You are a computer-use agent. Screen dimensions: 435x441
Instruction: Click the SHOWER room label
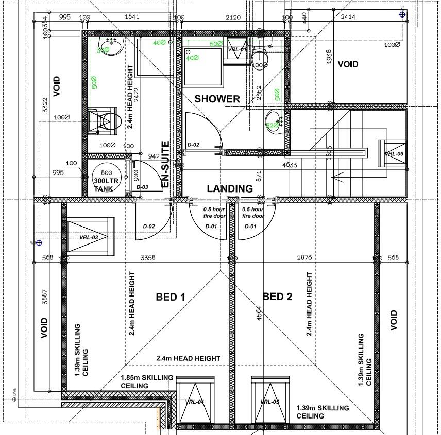(x=217, y=99)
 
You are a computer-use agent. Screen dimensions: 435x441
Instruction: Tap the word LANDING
(x=230, y=188)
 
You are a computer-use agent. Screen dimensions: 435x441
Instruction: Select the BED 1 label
(x=170, y=297)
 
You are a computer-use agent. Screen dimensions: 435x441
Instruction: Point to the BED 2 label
(x=277, y=297)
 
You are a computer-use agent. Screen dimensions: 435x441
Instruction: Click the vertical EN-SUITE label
(x=165, y=164)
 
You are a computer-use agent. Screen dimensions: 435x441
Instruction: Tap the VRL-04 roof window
(x=195, y=402)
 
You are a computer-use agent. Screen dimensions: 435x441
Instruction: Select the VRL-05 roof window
(x=269, y=402)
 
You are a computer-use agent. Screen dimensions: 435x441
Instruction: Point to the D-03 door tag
(x=142, y=187)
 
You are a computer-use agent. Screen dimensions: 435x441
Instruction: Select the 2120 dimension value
(x=233, y=17)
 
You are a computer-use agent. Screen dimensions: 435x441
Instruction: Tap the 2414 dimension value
(x=349, y=17)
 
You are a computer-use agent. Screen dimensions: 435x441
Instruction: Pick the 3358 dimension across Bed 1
(x=148, y=257)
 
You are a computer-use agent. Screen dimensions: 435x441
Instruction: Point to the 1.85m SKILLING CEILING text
(x=147, y=381)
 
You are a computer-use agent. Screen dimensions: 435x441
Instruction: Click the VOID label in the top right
(x=348, y=64)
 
